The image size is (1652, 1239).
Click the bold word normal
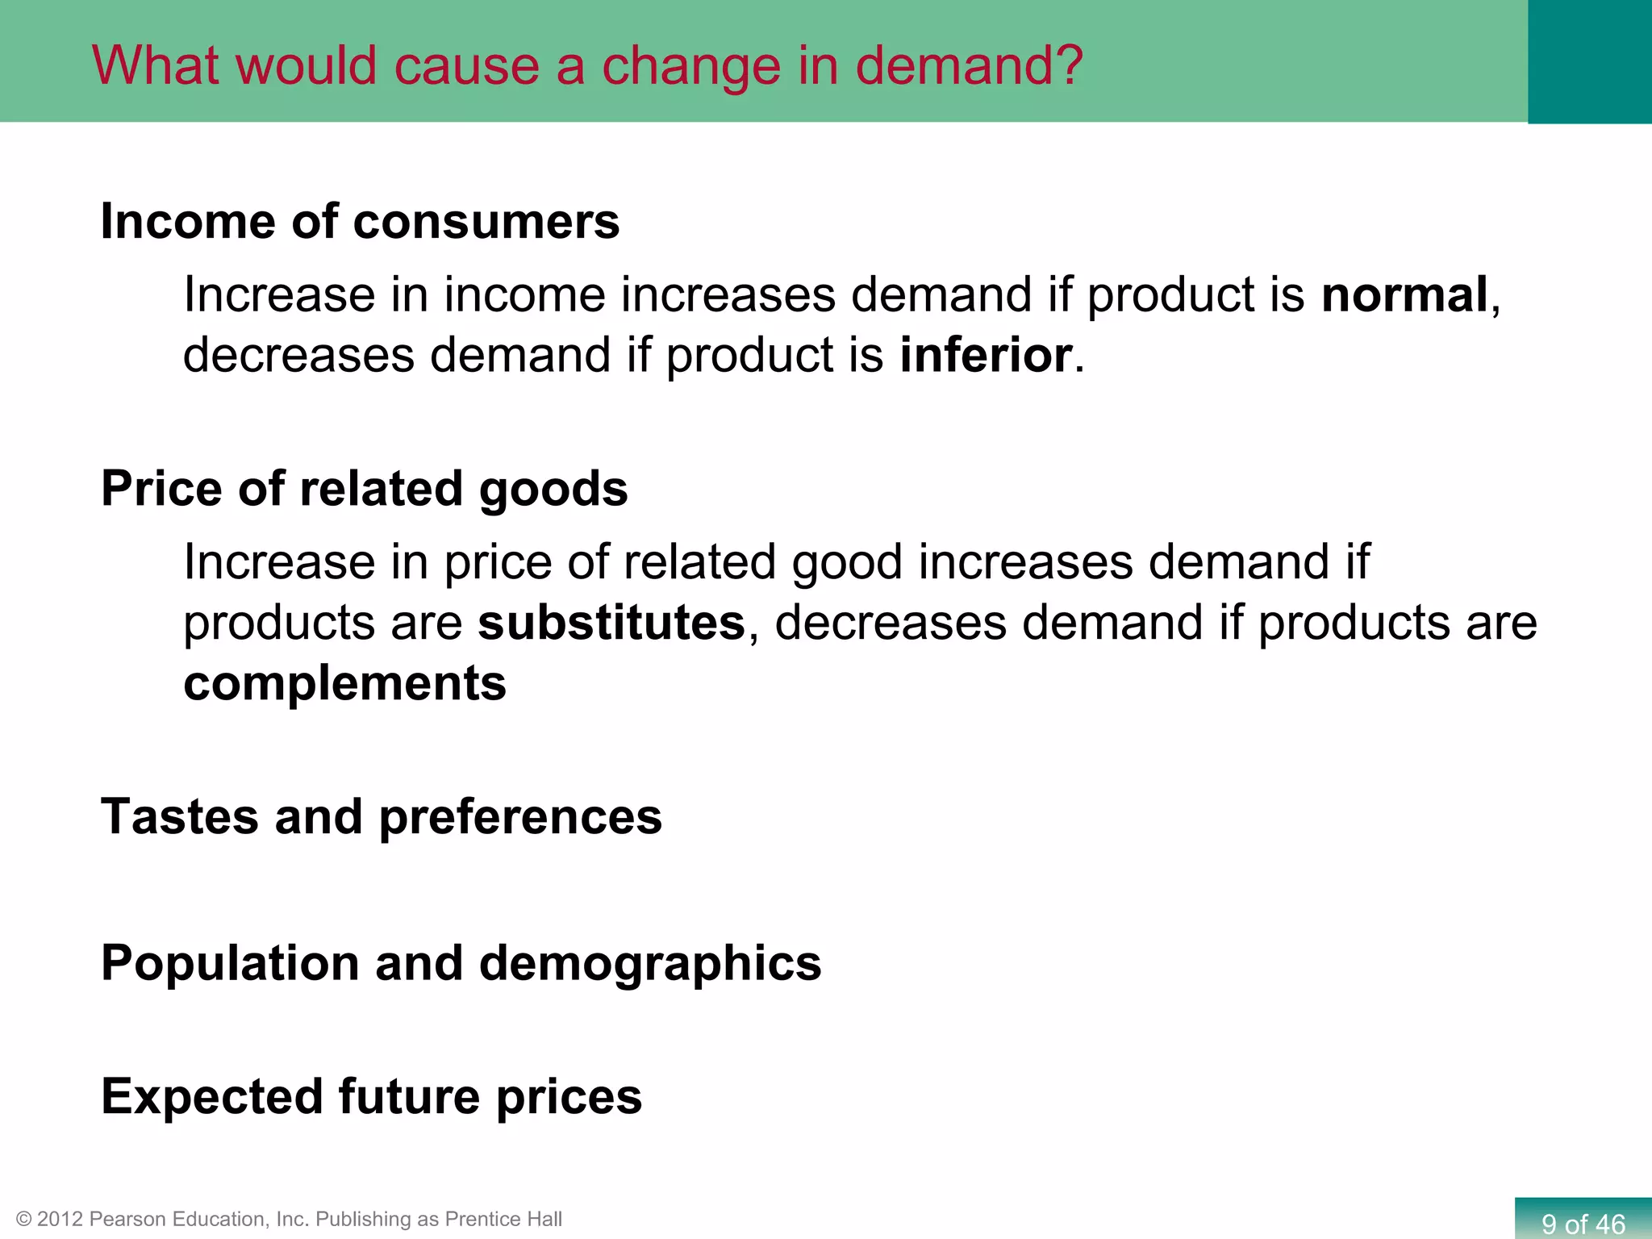(x=1404, y=295)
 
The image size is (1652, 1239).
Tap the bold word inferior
(x=986, y=356)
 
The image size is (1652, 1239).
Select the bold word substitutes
(x=611, y=623)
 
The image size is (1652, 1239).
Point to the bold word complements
(x=345, y=683)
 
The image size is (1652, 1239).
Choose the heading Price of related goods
(x=364, y=489)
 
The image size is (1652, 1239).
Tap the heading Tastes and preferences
(x=381, y=816)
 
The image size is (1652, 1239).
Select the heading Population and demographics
(x=461, y=963)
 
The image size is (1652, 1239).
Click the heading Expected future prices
(x=371, y=1097)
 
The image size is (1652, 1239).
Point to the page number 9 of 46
(x=1583, y=1224)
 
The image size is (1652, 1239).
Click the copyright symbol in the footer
(x=23, y=1220)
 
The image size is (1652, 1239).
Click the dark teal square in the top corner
(x=1589, y=61)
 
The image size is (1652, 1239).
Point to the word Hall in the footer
(x=543, y=1220)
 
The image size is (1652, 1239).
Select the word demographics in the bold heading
(x=650, y=963)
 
